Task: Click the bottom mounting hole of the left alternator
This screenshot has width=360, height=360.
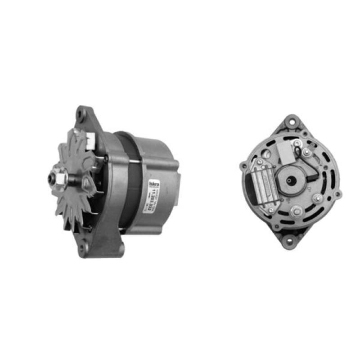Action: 83,247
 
